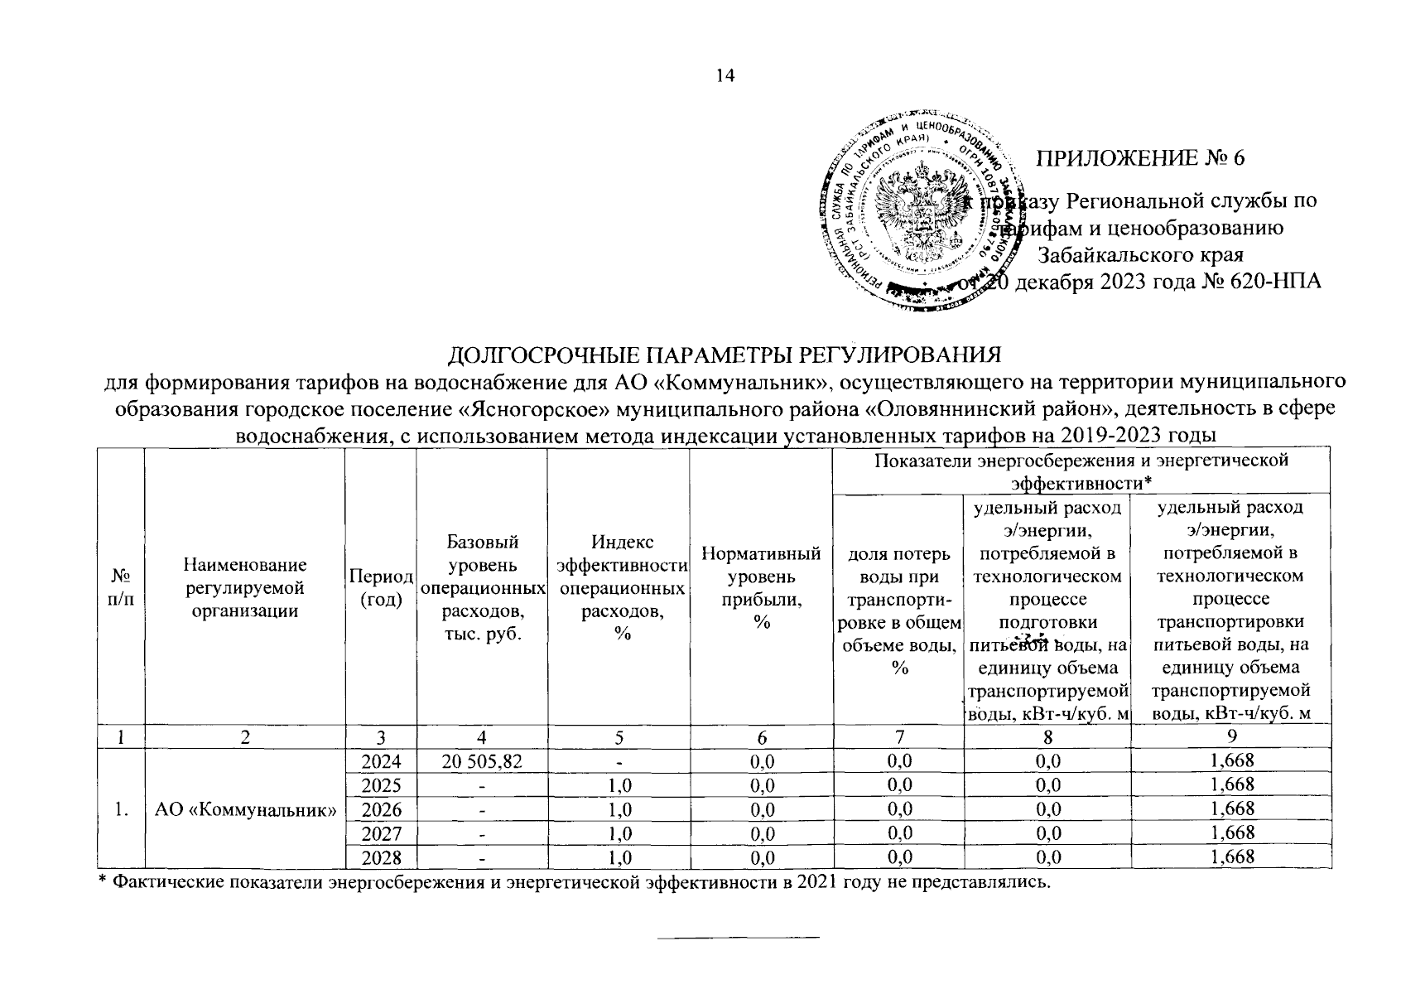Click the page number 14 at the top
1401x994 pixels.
pos(725,76)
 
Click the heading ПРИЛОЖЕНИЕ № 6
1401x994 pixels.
pos(1141,158)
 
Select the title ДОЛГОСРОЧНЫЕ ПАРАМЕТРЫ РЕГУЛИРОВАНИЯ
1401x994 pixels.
pos(724,355)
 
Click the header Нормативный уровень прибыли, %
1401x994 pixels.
pos(761,586)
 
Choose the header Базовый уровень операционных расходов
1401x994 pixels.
pos(481,586)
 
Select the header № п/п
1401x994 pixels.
pos(121,586)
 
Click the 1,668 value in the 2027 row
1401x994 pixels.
pos(1231,832)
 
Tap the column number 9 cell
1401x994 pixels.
pos(1231,736)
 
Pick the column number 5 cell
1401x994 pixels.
pos(618,736)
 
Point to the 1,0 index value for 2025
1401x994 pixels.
pos(618,784)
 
